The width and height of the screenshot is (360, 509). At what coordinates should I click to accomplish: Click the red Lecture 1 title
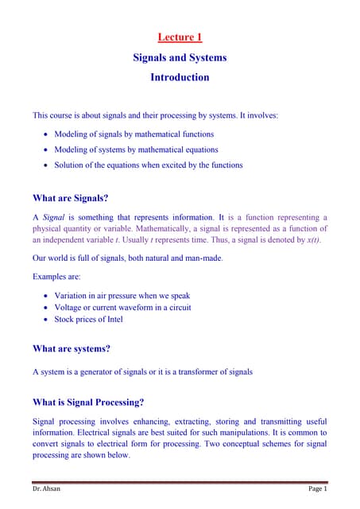[x=180, y=37]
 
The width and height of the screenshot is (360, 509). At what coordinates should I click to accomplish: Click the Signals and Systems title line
[x=180, y=57]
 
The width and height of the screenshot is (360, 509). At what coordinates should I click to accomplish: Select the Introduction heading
[x=180, y=78]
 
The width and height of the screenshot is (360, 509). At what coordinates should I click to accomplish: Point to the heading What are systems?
[x=71, y=348]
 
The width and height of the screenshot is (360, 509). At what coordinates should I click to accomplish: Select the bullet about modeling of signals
[x=134, y=134]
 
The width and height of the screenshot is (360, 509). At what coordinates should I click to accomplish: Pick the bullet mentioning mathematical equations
[x=136, y=150]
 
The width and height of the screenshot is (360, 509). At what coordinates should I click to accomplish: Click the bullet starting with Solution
[x=148, y=165]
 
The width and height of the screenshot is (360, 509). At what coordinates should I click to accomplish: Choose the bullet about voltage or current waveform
[x=122, y=307]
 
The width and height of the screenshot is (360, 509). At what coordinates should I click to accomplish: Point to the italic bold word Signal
[x=53, y=216]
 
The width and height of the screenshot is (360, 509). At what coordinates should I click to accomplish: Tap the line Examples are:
[x=56, y=277]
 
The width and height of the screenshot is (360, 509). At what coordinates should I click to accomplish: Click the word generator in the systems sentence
[x=99, y=371]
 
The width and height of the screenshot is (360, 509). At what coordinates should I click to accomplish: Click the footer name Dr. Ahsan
[x=46, y=488]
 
